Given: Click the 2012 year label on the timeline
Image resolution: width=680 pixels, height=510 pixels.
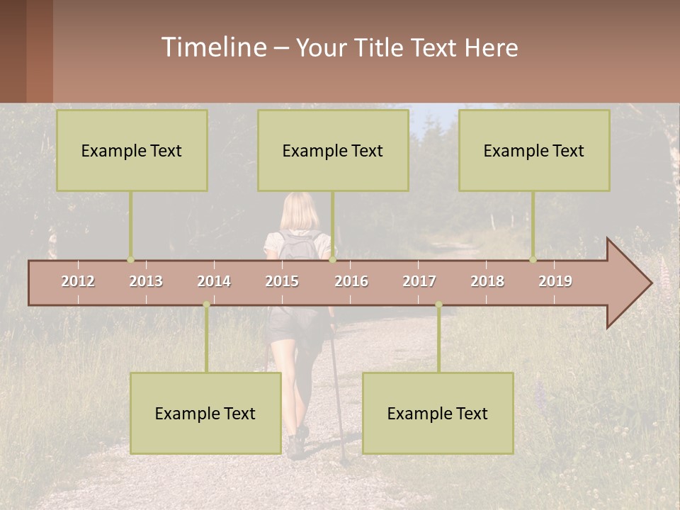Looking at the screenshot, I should click(78, 281).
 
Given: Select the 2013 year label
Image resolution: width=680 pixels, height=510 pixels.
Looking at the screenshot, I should click(146, 281).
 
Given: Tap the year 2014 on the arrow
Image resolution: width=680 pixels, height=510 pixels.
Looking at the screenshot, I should click(214, 281).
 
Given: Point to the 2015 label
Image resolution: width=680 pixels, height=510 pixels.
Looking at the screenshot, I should click(282, 281).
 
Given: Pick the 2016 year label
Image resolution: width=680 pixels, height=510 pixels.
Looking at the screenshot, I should click(351, 281).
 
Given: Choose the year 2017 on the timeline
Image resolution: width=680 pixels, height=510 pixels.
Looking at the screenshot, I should click(419, 281).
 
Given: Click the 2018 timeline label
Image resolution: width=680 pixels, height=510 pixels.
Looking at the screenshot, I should click(487, 281).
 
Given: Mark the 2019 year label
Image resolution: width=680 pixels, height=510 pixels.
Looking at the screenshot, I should click(555, 281).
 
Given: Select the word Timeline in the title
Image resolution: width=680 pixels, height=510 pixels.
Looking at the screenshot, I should click(213, 47).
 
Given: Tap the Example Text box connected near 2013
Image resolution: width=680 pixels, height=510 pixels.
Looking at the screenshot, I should click(132, 150).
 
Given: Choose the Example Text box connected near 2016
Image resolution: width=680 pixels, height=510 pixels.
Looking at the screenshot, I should click(333, 150).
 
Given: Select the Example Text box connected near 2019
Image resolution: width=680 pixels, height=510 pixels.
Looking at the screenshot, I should click(534, 150).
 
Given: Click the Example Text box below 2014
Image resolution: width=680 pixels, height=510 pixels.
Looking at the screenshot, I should click(205, 413).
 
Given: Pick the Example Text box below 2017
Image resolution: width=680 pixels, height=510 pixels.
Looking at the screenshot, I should click(438, 413).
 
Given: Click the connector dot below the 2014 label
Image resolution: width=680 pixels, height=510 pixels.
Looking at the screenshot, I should click(206, 305).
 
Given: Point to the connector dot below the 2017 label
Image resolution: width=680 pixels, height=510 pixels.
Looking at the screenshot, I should click(438, 305).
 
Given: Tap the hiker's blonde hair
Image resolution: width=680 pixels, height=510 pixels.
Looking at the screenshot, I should click(300, 211).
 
